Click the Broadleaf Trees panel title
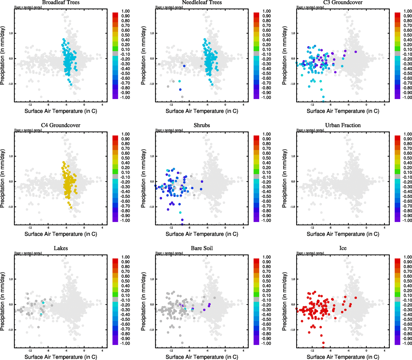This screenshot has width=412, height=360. coord(61,2)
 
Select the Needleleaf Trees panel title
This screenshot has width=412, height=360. coord(202,2)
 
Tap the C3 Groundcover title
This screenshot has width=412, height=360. coord(343,2)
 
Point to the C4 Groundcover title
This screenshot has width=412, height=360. coord(61,125)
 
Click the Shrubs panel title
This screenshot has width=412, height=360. coord(202,125)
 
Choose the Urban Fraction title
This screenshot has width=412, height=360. coord(343,125)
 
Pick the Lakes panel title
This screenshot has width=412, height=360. coord(61,248)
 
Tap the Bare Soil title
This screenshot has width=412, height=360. coord(202,248)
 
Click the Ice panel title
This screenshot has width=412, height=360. coord(343,248)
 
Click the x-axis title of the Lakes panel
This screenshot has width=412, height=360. coord(61,357)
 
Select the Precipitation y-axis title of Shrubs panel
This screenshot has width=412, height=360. coord(143,178)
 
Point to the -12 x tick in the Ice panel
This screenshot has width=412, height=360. coord(312,350)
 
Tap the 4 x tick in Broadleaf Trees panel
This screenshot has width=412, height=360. coord(102,105)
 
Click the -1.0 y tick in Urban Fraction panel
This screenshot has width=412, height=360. coord(293,207)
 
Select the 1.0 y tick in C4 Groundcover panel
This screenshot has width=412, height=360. coord(11,156)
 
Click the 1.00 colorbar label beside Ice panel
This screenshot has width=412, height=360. coord(407,257)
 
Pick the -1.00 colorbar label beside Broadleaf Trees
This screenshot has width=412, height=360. coord(125,97)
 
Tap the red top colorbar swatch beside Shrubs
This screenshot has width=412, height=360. coord(256,138)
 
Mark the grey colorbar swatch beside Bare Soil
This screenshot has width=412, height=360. coord(256,299)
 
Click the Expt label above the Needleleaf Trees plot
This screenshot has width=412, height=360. coord(169,7)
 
